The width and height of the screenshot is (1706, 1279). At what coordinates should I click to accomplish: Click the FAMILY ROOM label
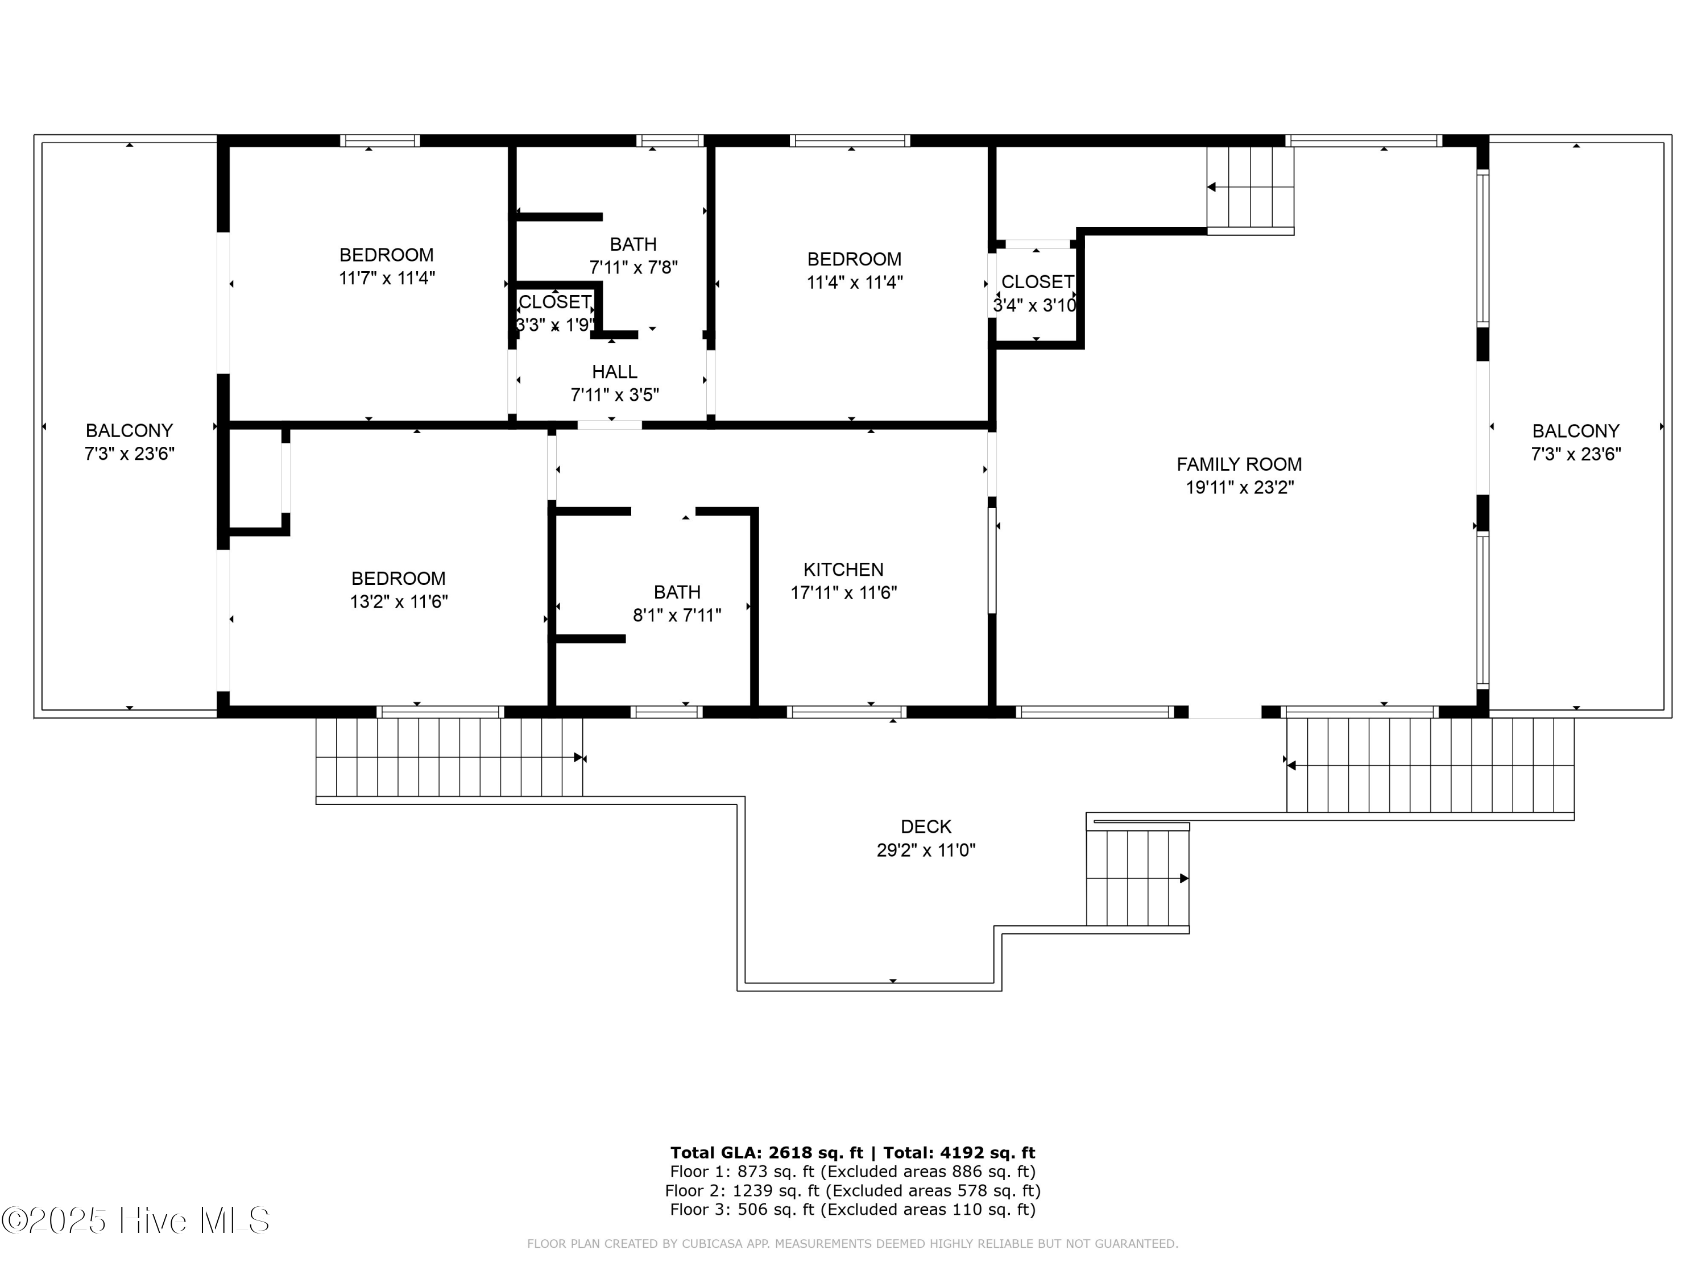1239,464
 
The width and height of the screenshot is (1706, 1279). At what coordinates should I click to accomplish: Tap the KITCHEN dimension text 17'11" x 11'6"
844,593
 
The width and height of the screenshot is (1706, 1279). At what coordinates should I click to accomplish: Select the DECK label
925,827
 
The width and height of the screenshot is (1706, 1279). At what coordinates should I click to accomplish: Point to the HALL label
615,372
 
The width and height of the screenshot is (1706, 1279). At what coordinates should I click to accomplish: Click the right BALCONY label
1575,431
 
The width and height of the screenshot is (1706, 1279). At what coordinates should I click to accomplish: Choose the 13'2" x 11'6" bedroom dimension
399,601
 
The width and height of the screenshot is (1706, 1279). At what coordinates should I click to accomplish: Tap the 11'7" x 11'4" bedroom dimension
386,277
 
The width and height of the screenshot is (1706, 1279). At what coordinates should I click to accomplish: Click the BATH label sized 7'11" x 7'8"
633,244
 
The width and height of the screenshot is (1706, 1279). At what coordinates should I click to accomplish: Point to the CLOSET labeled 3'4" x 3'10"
1037,282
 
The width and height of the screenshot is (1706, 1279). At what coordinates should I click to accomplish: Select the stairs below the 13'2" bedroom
449,757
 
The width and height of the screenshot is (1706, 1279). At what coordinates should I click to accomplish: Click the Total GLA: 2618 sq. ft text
767,1153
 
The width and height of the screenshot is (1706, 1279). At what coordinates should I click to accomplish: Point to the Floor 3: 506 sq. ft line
852,1210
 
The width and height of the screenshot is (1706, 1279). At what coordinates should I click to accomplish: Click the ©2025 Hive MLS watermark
136,1220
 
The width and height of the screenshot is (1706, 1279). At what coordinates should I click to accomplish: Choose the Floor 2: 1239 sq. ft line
852,1191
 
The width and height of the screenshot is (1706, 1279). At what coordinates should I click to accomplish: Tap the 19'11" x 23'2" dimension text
1239,487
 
